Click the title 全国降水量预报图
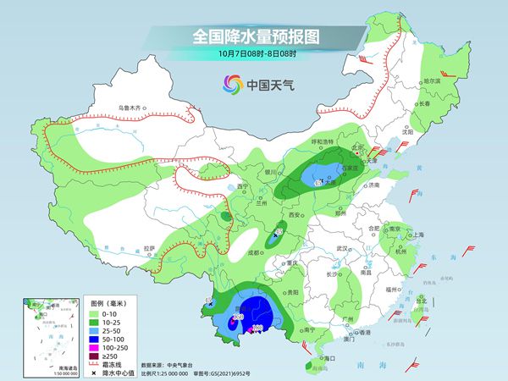tap(253, 37)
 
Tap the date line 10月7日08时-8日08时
tap(253, 54)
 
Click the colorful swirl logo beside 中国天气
tap(231, 84)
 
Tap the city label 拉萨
tap(150, 247)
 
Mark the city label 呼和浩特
tap(320, 141)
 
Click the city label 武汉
tap(343, 248)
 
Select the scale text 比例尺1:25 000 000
tap(174, 373)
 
